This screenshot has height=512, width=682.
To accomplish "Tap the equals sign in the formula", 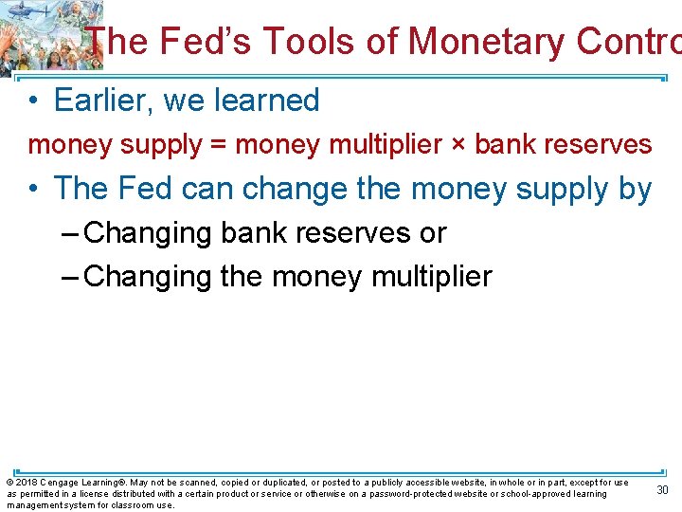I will coord(219,145).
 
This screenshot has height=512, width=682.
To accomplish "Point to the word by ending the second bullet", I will coord(635,191).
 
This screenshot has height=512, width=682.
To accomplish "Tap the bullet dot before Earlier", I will coord(33,101).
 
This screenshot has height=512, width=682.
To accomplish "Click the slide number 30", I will coord(662,489).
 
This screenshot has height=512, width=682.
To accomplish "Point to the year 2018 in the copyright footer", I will coord(25,483).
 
